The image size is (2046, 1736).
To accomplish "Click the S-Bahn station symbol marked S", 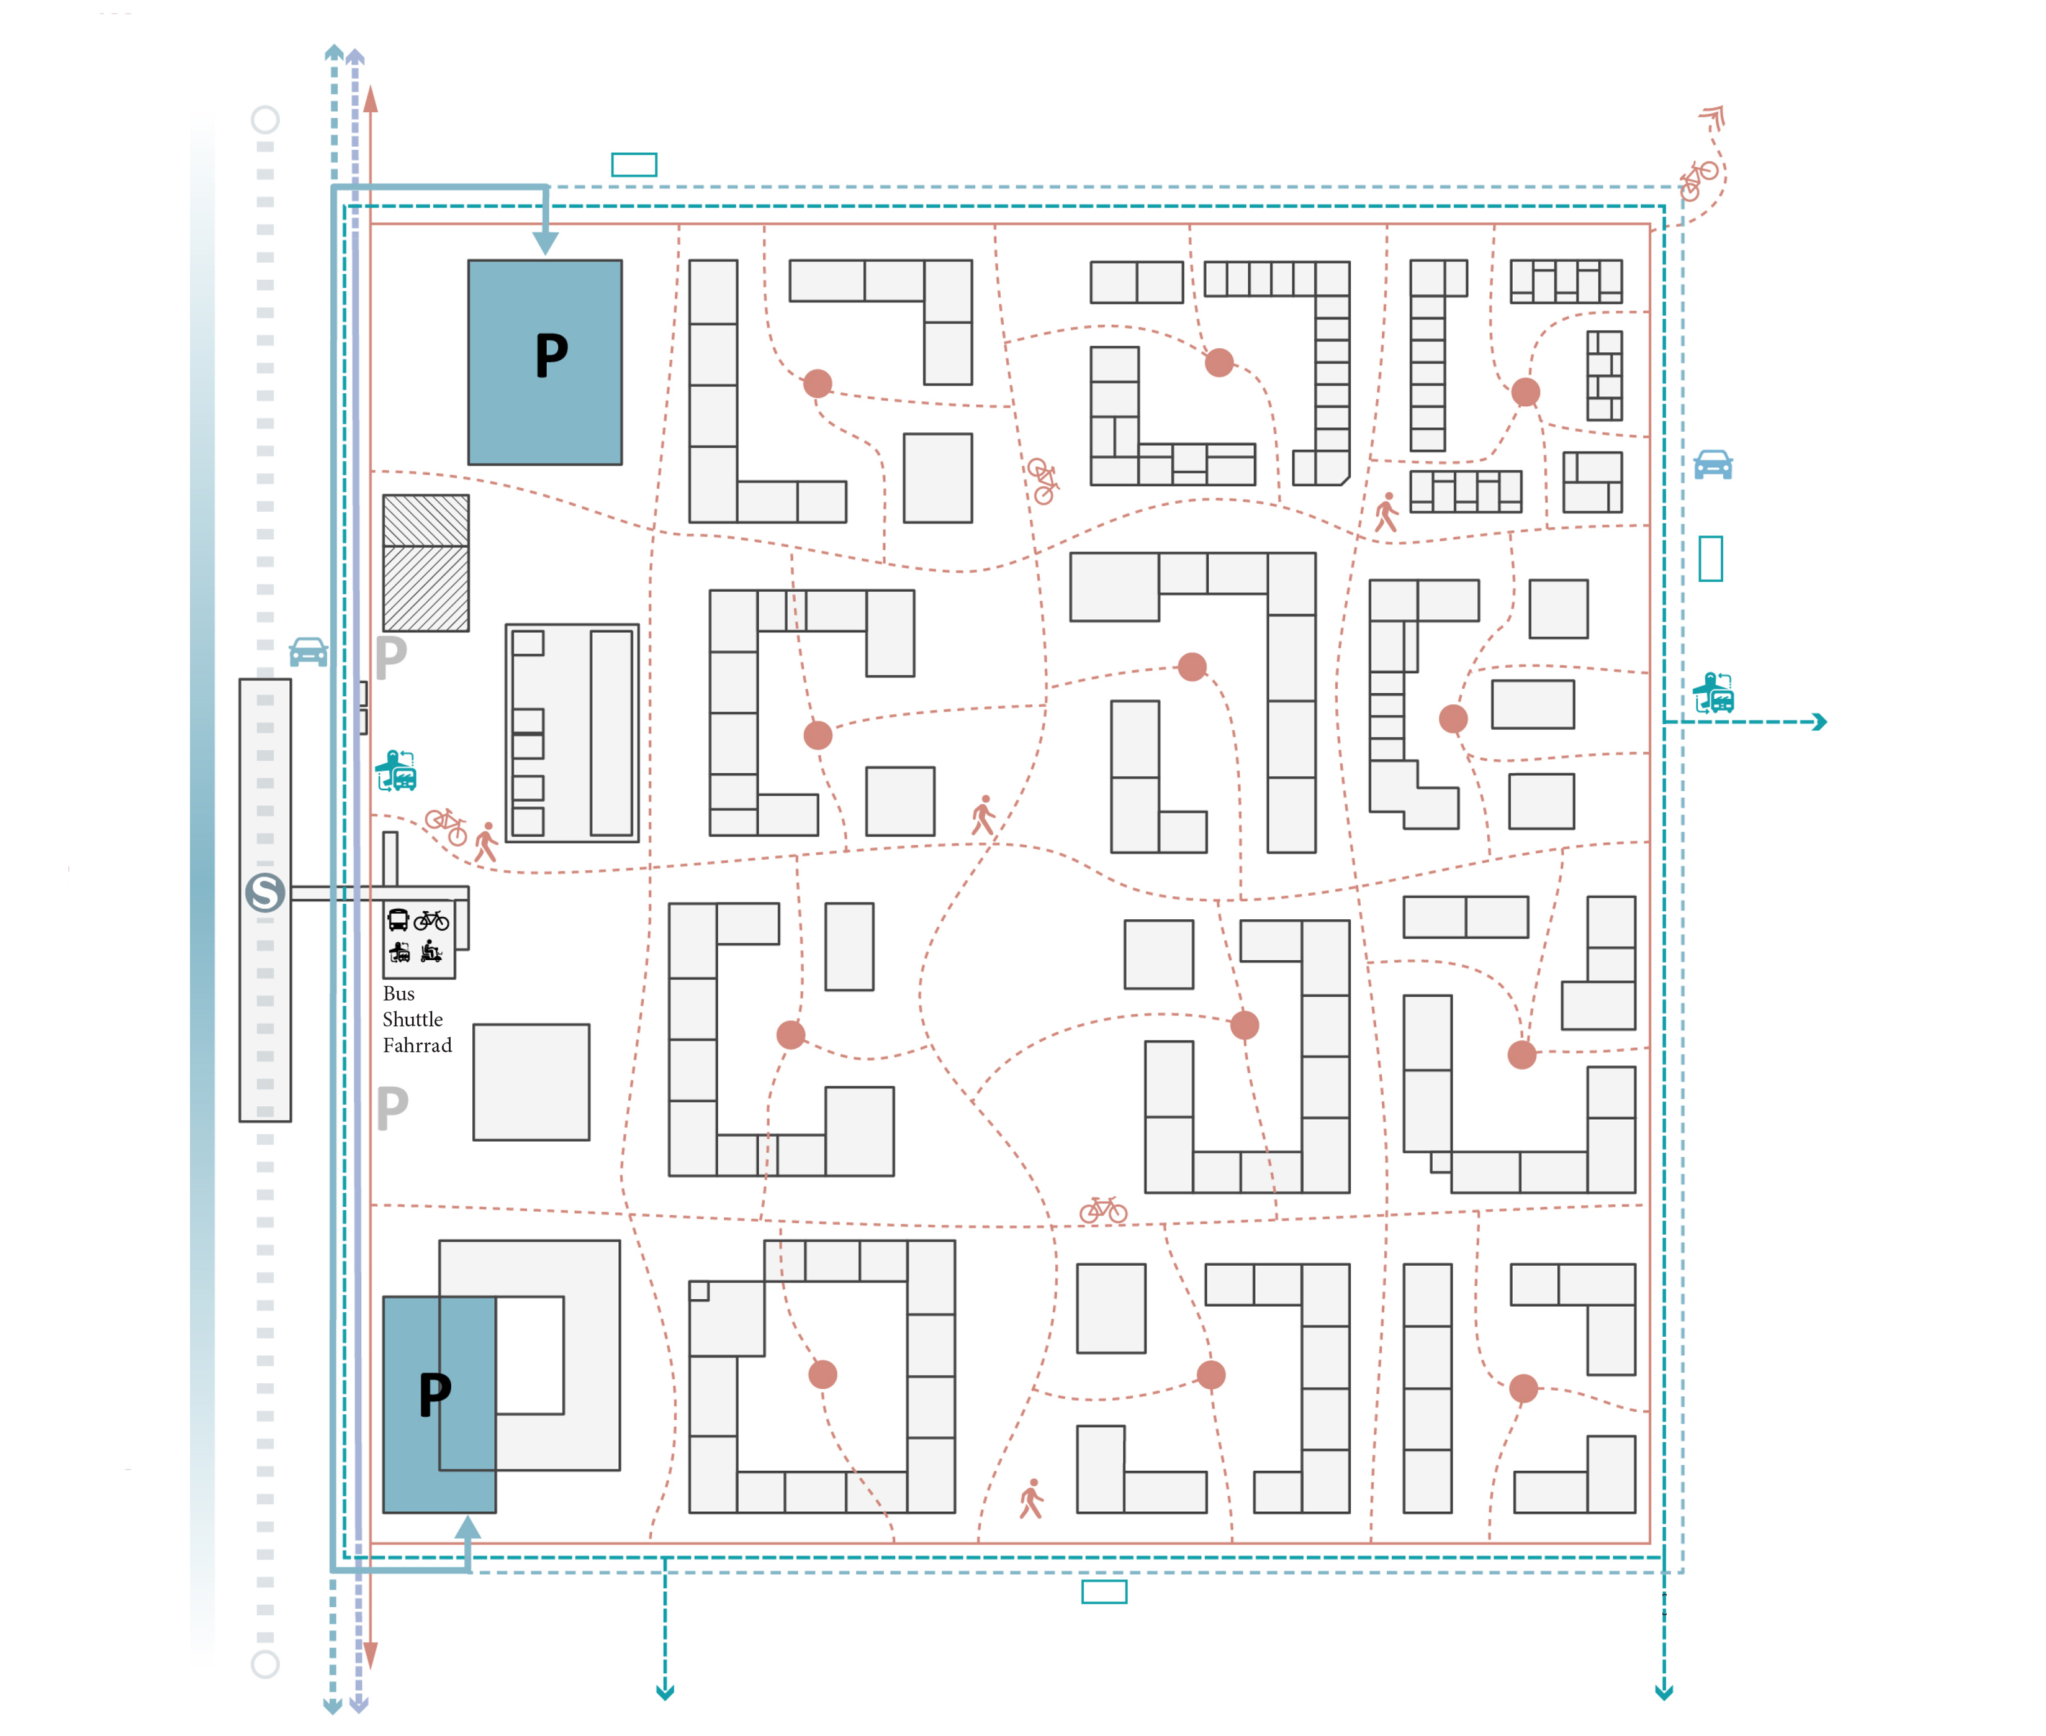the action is (264, 893).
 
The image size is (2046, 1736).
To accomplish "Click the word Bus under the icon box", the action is (399, 994).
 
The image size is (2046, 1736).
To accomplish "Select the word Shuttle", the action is (412, 1020).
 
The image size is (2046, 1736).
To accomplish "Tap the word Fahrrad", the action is (417, 1045).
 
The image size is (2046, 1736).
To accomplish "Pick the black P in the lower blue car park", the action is (435, 1394).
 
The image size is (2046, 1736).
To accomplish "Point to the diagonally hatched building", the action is (426, 563).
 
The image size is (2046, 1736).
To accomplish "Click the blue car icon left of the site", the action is (308, 652).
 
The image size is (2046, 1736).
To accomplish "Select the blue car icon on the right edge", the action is (1713, 465).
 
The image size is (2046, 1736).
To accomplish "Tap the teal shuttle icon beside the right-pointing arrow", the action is (1713, 694).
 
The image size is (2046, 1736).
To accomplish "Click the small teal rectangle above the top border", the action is (634, 165).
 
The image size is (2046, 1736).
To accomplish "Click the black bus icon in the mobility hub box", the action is (399, 920).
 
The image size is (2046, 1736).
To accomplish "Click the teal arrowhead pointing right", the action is (1820, 722).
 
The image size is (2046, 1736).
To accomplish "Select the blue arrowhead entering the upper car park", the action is (545, 243).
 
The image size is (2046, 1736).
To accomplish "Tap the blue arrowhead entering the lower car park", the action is (468, 1527).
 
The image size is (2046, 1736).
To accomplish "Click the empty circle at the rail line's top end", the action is (264, 120).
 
